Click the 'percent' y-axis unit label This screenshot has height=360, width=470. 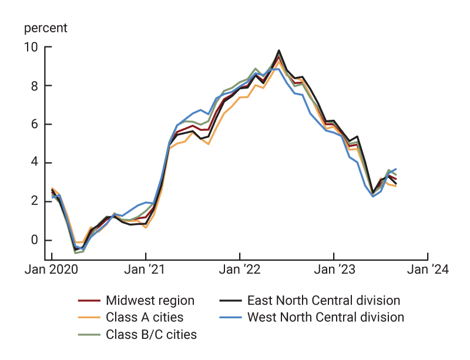(x=45, y=28)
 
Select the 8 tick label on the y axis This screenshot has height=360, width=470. (x=34, y=86)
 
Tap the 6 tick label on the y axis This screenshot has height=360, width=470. (x=34, y=125)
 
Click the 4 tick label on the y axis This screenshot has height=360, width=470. (x=34, y=163)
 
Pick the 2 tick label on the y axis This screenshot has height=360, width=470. (x=34, y=201)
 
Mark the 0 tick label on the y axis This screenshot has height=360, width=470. (x=34, y=240)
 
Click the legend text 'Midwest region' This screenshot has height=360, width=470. (x=150, y=301)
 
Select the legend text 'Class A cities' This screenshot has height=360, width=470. (x=145, y=318)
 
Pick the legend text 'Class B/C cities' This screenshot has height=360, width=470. (x=151, y=335)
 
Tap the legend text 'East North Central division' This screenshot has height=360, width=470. (x=324, y=301)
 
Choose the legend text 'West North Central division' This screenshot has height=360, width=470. (x=325, y=318)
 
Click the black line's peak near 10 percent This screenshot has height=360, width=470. (x=278, y=51)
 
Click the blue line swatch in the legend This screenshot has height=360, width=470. (x=231, y=318)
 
